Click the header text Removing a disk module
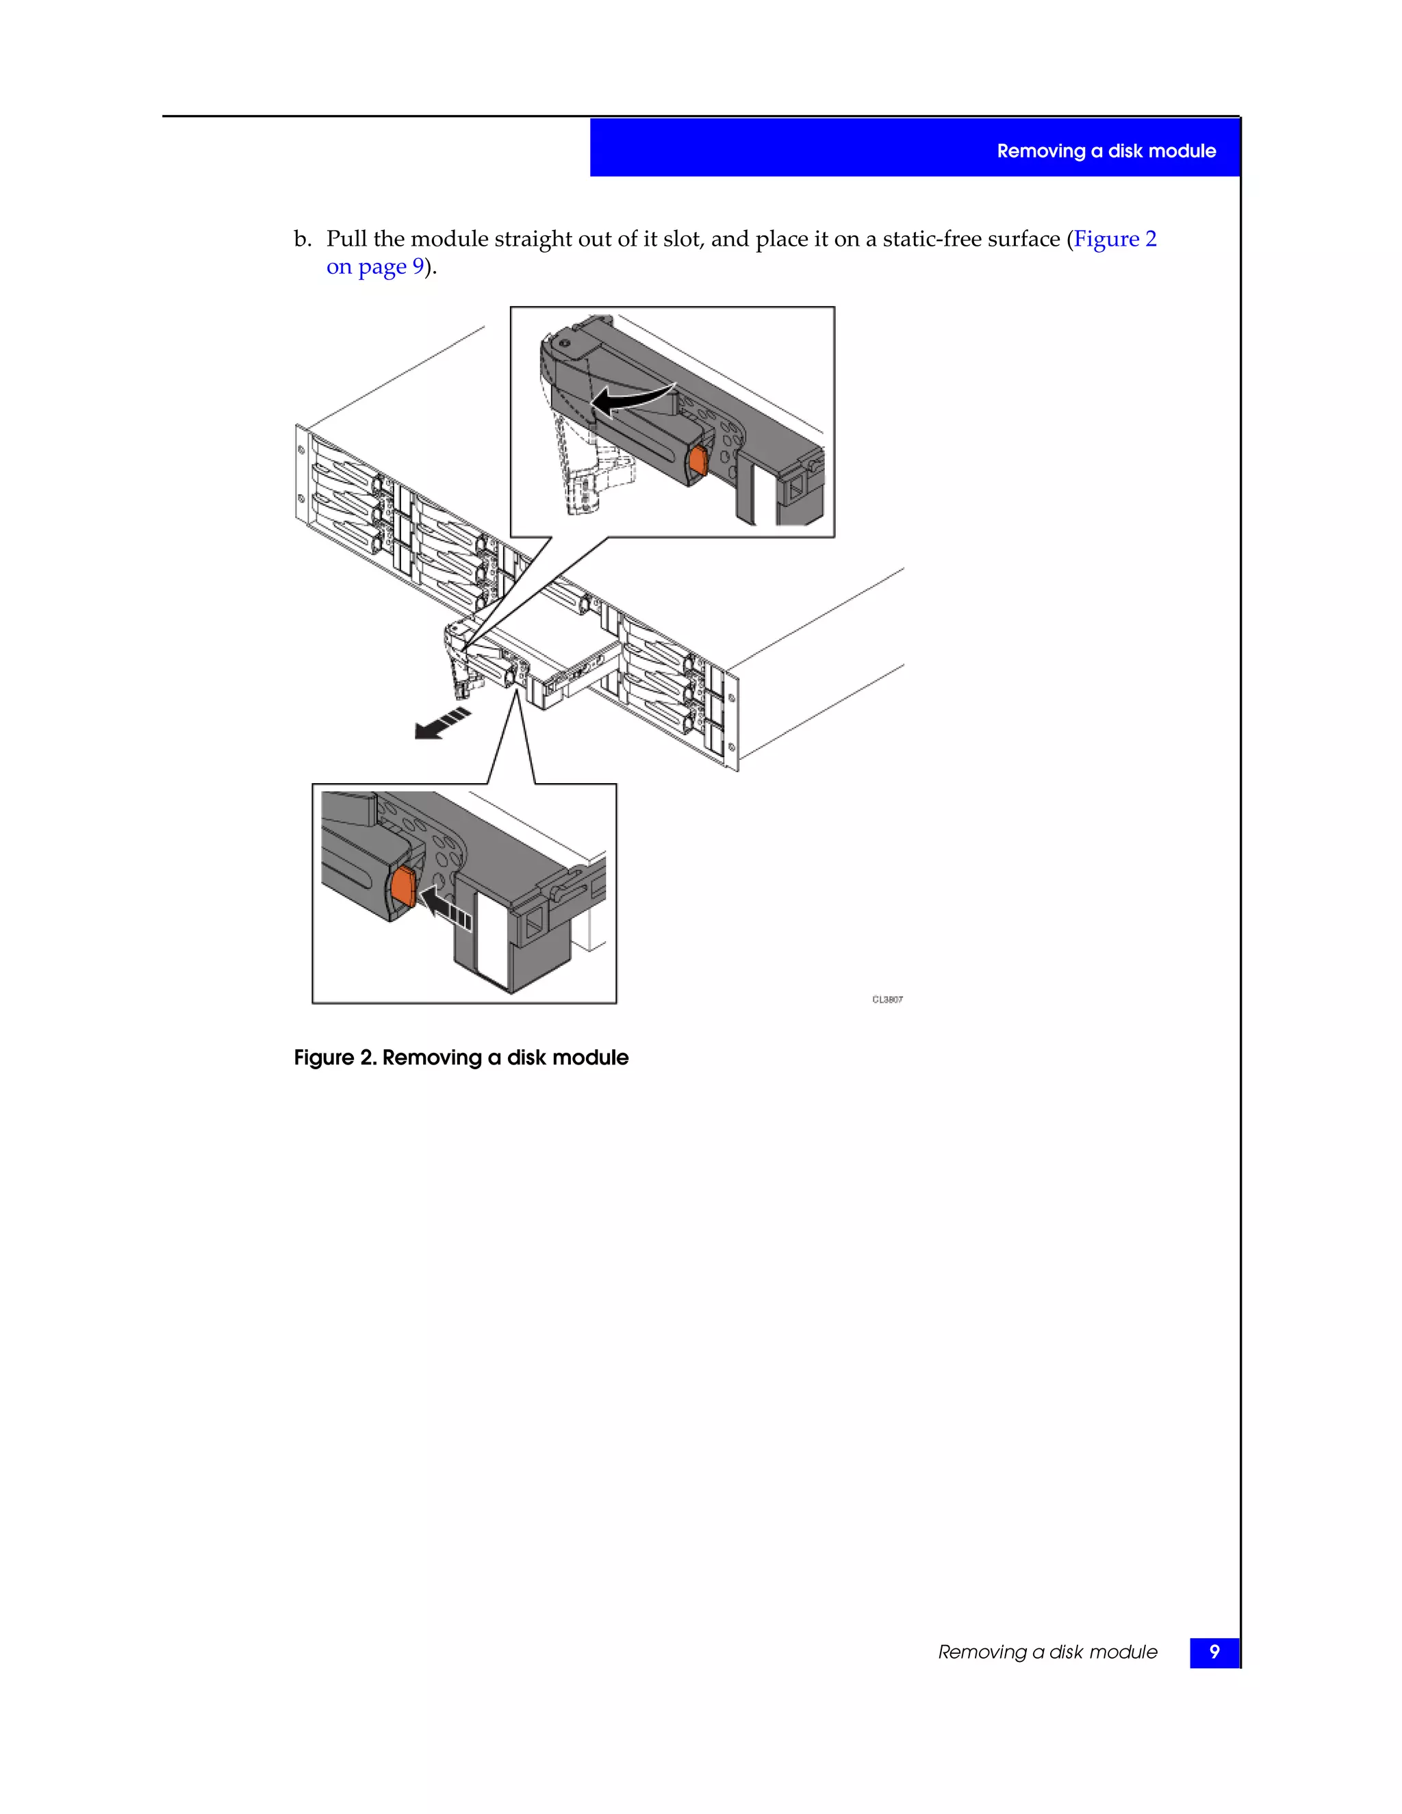1106,151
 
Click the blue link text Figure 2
1114,239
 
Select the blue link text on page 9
374,266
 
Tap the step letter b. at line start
303,239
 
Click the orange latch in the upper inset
698,461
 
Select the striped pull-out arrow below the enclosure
442,724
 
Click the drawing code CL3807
887,999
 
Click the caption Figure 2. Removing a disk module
461,1058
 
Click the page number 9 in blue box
1214,1652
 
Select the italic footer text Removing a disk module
1047,1652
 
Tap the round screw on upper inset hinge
564,342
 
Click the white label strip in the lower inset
491,938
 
